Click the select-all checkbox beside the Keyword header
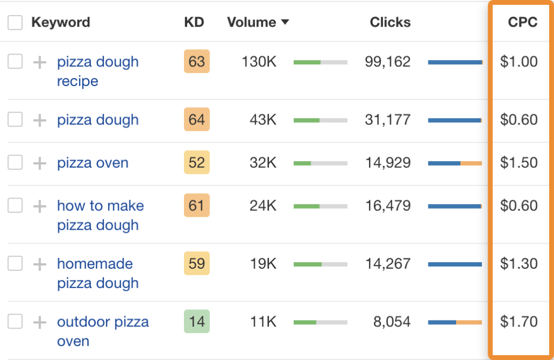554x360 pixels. [x=15, y=23]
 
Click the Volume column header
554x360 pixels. [x=252, y=23]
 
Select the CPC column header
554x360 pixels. [x=522, y=23]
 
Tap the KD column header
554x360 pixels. [x=194, y=23]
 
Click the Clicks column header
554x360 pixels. [x=390, y=23]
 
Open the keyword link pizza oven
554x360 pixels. [x=93, y=163]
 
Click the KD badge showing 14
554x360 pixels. [x=196, y=322]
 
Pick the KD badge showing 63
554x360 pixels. [x=196, y=62]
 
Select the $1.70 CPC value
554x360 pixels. [x=518, y=322]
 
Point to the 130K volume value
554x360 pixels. [x=259, y=62]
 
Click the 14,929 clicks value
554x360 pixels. [x=387, y=163]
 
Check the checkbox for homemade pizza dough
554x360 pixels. [x=15, y=264]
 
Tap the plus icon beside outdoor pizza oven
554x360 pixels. [x=39, y=322]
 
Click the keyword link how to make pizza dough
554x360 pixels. [x=100, y=215]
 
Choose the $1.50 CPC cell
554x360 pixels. [x=518, y=163]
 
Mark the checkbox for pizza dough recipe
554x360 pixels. [x=15, y=62]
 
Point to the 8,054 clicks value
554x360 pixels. [x=392, y=322]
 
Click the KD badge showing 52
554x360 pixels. [x=196, y=163]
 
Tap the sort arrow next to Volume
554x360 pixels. [x=285, y=23]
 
